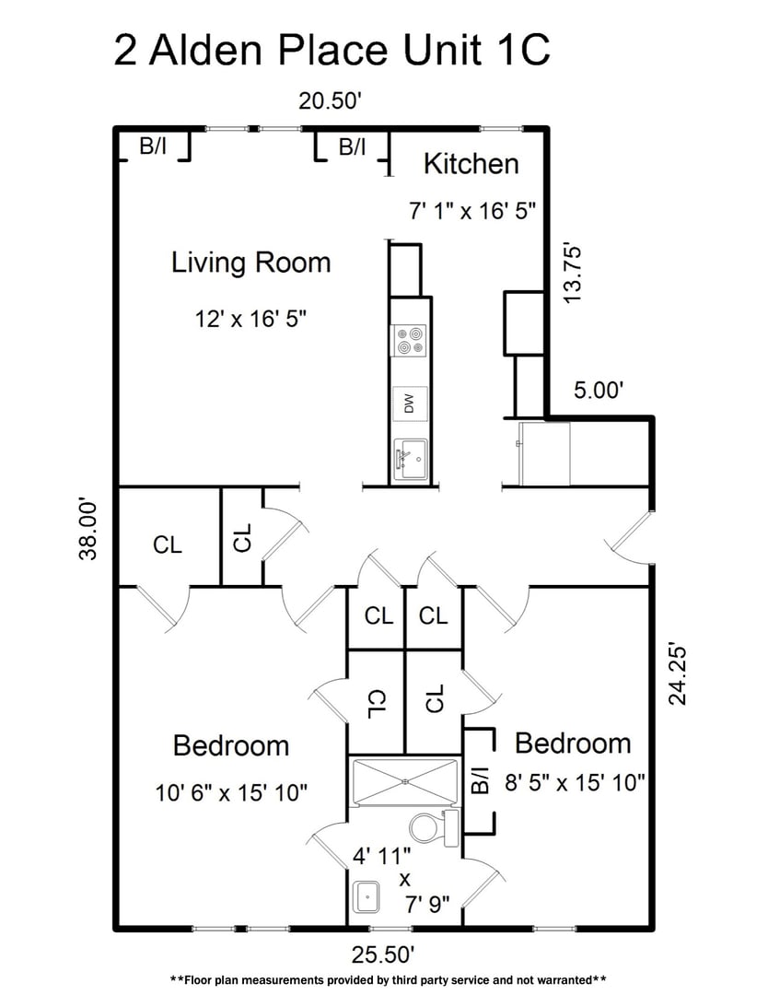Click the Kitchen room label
point(471,164)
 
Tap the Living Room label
point(250,263)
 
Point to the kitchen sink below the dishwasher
point(411,457)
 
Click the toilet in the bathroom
point(429,826)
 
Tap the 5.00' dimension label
point(599,390)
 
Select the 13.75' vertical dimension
point(574,273)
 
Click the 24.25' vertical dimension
point(678,673)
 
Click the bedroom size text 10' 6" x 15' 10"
point(231,790)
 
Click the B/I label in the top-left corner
point(153,146)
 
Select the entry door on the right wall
point(632,536)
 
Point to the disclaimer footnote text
point(388,979)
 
